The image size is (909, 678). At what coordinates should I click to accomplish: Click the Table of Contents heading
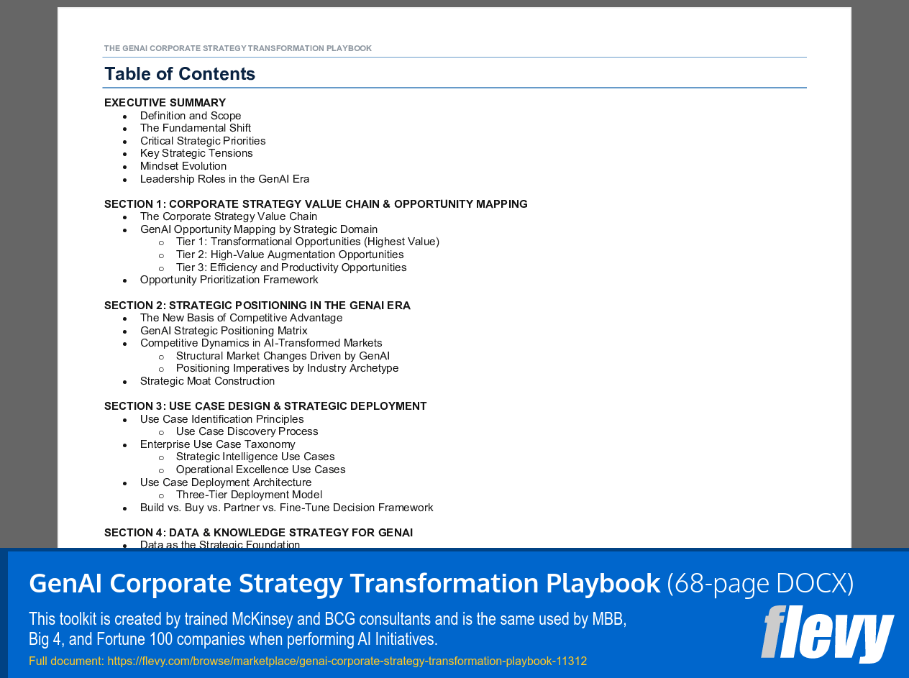(x=180, y=74)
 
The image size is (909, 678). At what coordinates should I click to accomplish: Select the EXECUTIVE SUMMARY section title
(x=165, y=103)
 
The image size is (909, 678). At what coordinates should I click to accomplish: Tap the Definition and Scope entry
(x=191, y=116)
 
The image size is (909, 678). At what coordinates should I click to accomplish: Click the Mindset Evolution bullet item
(x=183, y=166)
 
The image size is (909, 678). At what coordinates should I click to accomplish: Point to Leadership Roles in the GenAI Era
(x=224, y=179)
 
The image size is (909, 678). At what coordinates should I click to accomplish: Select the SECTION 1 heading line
(x=316, y=204)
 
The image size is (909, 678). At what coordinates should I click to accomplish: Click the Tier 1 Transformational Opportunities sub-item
(x=307, y=242)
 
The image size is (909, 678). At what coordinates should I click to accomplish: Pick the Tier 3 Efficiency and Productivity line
(x=291, y=267)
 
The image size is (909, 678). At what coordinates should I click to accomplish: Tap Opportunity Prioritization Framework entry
(x=229, y=280)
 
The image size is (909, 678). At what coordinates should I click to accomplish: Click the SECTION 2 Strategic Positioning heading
(x=257, y=306)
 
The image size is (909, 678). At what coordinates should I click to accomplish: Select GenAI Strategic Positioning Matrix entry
(x=224, y=331)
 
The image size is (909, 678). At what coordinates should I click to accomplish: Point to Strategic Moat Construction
(x=207, y=381)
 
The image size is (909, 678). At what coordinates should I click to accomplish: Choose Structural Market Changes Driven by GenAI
(x=283, y=356)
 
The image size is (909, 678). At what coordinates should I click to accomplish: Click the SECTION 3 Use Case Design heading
(x=265, y=406)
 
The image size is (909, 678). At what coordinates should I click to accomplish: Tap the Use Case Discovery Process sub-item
(x=247, y=431)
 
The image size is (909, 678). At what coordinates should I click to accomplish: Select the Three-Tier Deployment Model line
(x=249, y=495)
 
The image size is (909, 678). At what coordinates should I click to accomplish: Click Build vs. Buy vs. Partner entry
(x=286, y=508)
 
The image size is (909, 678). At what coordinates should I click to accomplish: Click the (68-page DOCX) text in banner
(x=760, y=583)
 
